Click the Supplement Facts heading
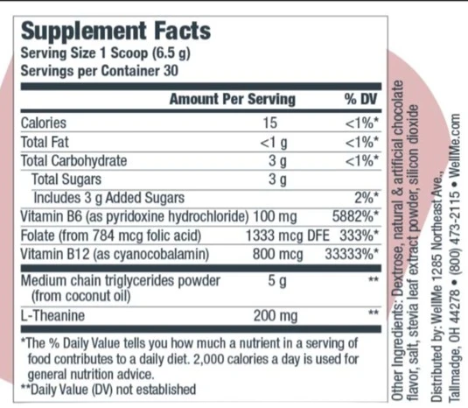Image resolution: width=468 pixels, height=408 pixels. click(115, 32)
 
